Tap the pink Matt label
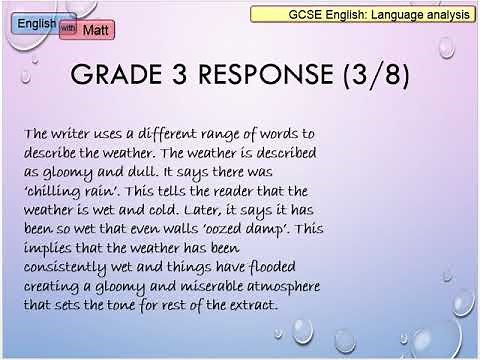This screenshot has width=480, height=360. coord(94,31)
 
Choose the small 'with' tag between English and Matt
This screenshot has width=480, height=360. coord(67,27)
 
